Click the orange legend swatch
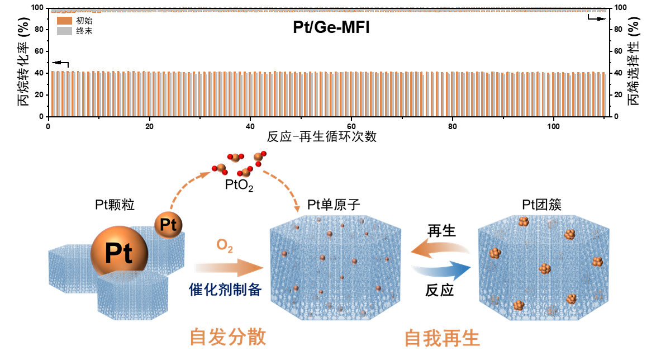tap(64, 21)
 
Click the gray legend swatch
tap(64, 31)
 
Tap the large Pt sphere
tap(119, 254)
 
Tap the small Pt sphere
tap(168, 225)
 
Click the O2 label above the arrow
tap(225, 246)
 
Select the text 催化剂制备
tap(225, 289)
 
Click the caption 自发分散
tap(228, 337)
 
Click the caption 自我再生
tap(442, 338)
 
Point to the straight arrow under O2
tap(229, 268)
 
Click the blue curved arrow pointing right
tap(441, 271)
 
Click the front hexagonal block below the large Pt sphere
tap(132, 296)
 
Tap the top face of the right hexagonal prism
tap(543, 225)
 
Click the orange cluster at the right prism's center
tap(545, 269)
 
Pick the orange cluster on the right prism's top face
tap(524, 222)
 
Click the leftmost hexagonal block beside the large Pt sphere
tap(67, 268)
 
